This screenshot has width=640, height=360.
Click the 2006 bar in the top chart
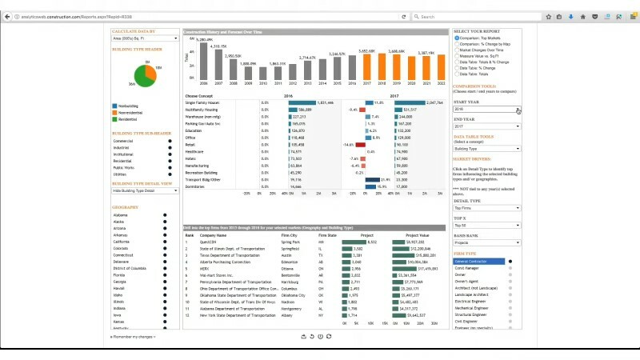click(x=204, y=62)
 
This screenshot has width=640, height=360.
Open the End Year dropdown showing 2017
click(x=486, y=126)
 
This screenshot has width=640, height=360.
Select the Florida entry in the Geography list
click(x=119, y=275)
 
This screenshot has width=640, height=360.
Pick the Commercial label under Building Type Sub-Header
click(x=123, y=142)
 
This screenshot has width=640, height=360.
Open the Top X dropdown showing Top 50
click(x=486, y=225)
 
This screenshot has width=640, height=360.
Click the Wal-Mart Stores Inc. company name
click(x=218, y=275)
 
